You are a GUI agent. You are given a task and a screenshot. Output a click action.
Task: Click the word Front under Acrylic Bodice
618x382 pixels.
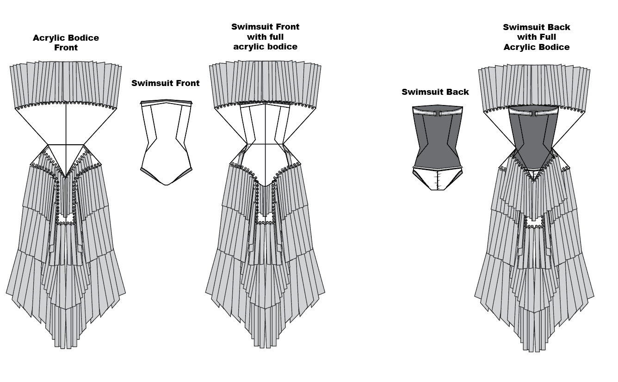(x=66, y=48)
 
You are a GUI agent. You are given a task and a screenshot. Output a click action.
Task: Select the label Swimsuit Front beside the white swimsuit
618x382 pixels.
(x=165, y=83)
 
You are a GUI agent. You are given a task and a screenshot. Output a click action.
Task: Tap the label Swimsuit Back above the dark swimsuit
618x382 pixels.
(x=435, y=92)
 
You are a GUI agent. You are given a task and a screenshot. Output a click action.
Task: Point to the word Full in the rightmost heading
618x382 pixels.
(x=547, y=37)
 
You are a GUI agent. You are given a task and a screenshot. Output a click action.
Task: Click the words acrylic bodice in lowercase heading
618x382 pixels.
(x=265, y=47)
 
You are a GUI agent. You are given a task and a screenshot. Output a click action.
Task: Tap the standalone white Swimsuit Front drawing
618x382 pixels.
(x=166, y=142)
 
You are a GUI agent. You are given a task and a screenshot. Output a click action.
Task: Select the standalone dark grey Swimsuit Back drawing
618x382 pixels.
(x=437, y=148)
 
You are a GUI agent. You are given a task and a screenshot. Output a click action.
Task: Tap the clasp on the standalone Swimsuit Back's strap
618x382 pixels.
(x=437, y=113)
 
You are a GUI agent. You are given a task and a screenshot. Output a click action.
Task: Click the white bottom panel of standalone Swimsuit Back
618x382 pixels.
(x=437, y=179)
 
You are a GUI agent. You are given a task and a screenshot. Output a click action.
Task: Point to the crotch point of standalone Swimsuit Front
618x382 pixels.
(x=166, y=185)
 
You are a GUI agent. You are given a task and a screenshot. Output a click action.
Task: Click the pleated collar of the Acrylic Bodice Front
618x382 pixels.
(x=66, y=84)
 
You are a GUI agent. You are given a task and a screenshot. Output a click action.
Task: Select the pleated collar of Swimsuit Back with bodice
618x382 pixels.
(x=534, y=87)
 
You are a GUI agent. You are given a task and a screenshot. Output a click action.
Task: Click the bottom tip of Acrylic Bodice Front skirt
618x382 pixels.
(x=66, y=349)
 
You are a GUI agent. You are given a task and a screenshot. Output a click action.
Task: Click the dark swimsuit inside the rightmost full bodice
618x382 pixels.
(x=534, y=138)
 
